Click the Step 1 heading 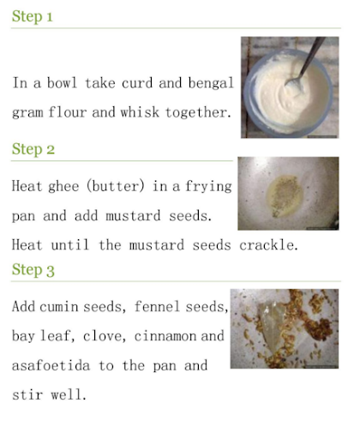pos(32,16)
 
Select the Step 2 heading pos(33,149)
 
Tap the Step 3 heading pos(33,270)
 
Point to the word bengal pos(211,84)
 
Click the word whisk pos(140,112)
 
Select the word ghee pos(63,187)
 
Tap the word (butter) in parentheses pos(116,187)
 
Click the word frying pos(208,187)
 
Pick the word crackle pos(268,245)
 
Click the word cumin pos(59,307)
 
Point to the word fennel pos(157,307)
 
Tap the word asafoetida pos(51,365)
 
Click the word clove pos(105,336)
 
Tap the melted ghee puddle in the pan pos(285,196)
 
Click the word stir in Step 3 pos(27,395)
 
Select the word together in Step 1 pos(198,112)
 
